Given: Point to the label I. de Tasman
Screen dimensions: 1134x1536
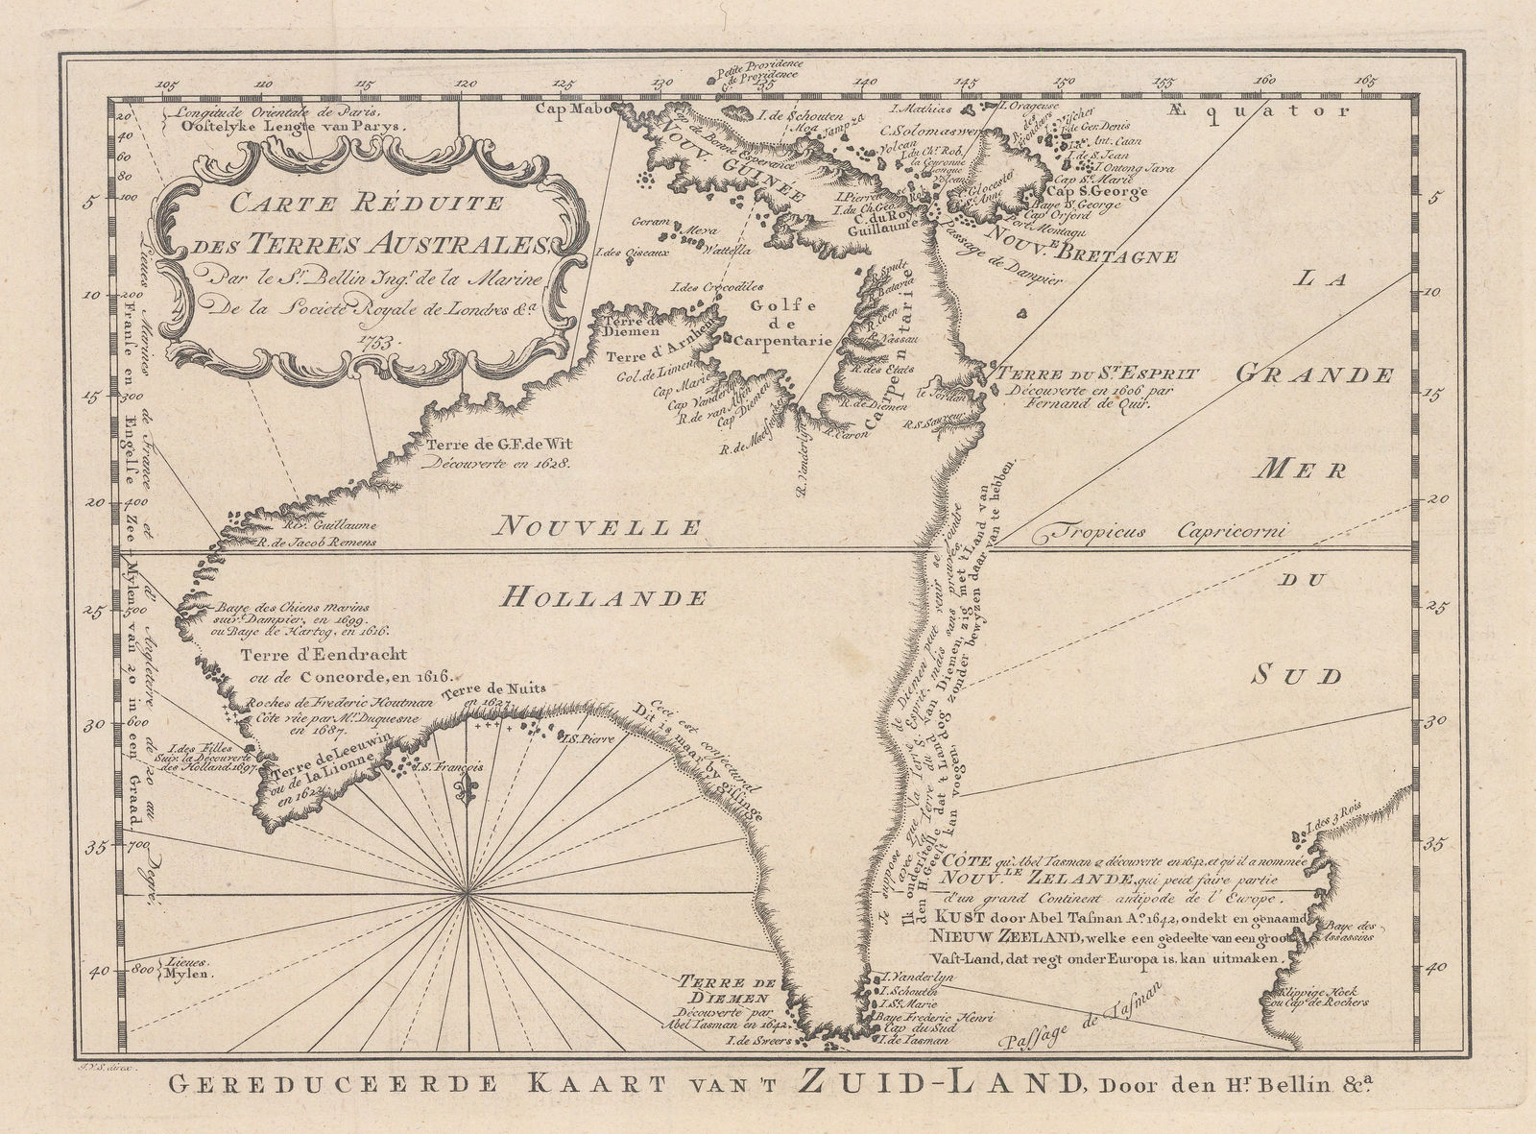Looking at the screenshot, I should pos(907,1040).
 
